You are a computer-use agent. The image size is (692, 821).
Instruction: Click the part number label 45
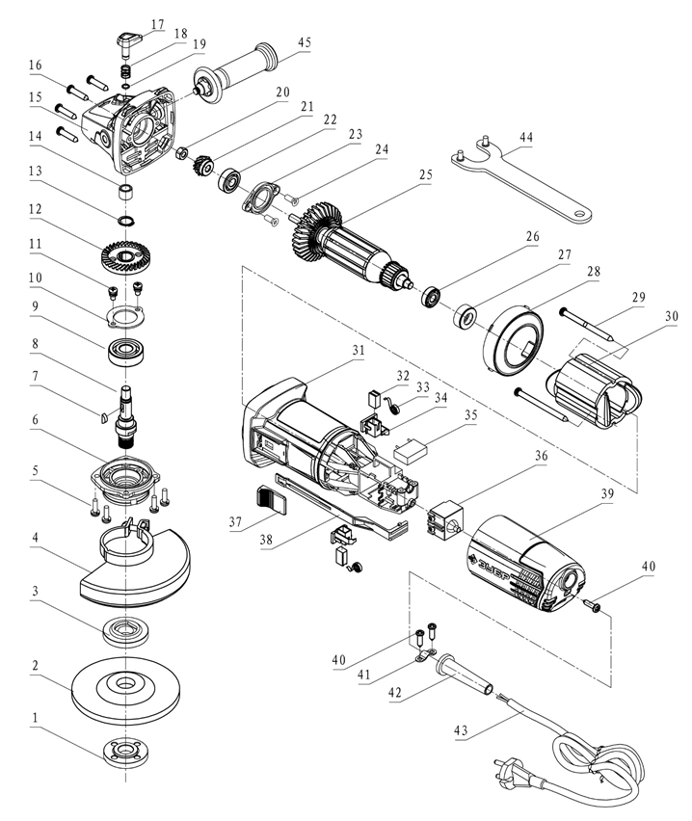point(305,42)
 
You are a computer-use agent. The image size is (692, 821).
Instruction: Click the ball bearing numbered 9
point(128,352)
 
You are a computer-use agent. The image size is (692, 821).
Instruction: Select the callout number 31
point(358,351)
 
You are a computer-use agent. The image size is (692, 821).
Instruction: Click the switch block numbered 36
point(445,517)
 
